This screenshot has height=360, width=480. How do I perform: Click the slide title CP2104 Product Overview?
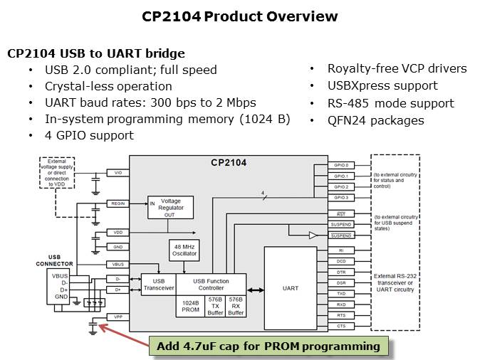tap(239, 16)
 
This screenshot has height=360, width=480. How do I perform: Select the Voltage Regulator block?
tap(170, 207)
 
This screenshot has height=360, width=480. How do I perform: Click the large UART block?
tap(290, 288)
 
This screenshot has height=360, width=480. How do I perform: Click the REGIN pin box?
tap(118, 203)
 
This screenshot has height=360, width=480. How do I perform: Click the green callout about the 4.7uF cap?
tap(268, 346)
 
